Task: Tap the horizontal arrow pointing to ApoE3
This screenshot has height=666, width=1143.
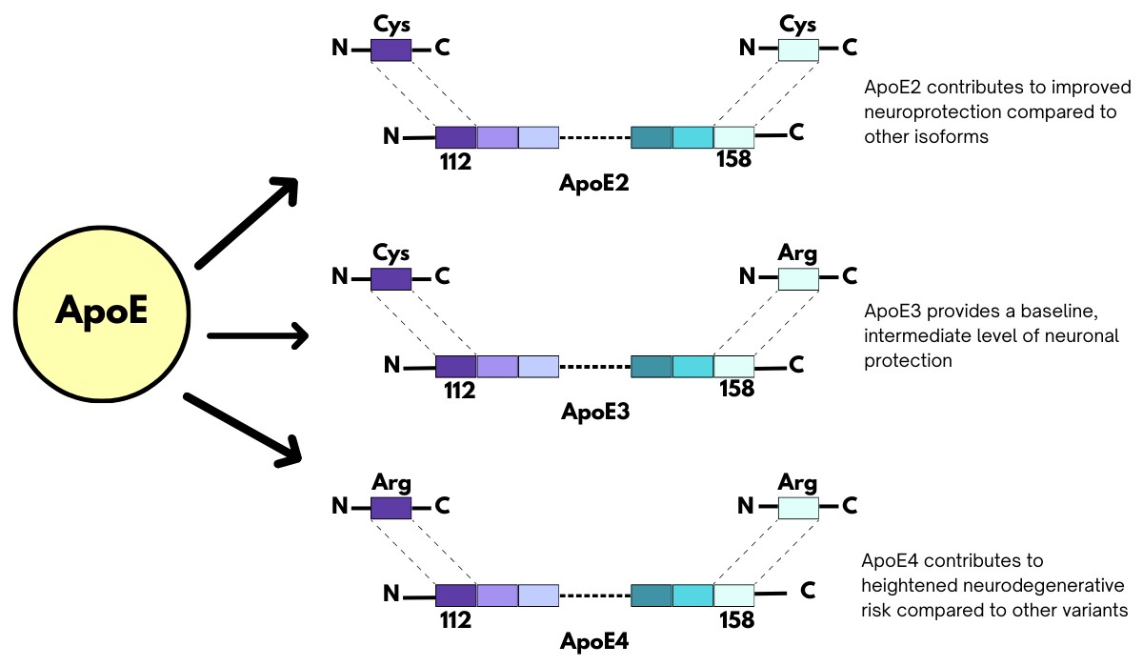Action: [x=257, y=334]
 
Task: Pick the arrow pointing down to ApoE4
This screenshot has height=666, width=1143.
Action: [x=243, y=428]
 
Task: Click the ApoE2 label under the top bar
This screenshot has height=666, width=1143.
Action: [x=594, y=183]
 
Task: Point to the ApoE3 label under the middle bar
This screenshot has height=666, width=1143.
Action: [x=594, y=412]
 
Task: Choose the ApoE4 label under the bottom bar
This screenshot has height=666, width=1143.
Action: [x=594, y=640]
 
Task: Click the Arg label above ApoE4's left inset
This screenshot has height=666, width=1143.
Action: [x=391, y=482]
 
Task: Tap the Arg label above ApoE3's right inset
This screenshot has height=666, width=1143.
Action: [x=798, y=253]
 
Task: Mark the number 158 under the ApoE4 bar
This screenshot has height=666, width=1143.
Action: [x=734, y=619]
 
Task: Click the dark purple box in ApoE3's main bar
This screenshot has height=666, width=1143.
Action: [x=455, y=365]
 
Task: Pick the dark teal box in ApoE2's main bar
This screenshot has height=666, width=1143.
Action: [x=652, y=136]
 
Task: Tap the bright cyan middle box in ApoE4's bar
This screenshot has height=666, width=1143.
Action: [x=692, y=595]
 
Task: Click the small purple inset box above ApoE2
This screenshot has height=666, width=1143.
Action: [x=391, y=49]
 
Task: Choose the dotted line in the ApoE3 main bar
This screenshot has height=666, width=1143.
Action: [x=594, y=366]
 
